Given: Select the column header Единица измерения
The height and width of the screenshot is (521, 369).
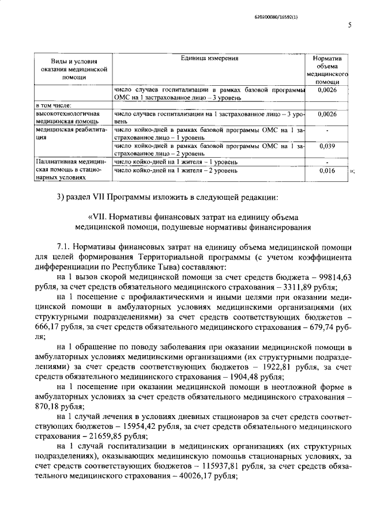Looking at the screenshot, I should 209,58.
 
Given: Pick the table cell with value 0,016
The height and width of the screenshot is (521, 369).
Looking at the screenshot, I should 327,171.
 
